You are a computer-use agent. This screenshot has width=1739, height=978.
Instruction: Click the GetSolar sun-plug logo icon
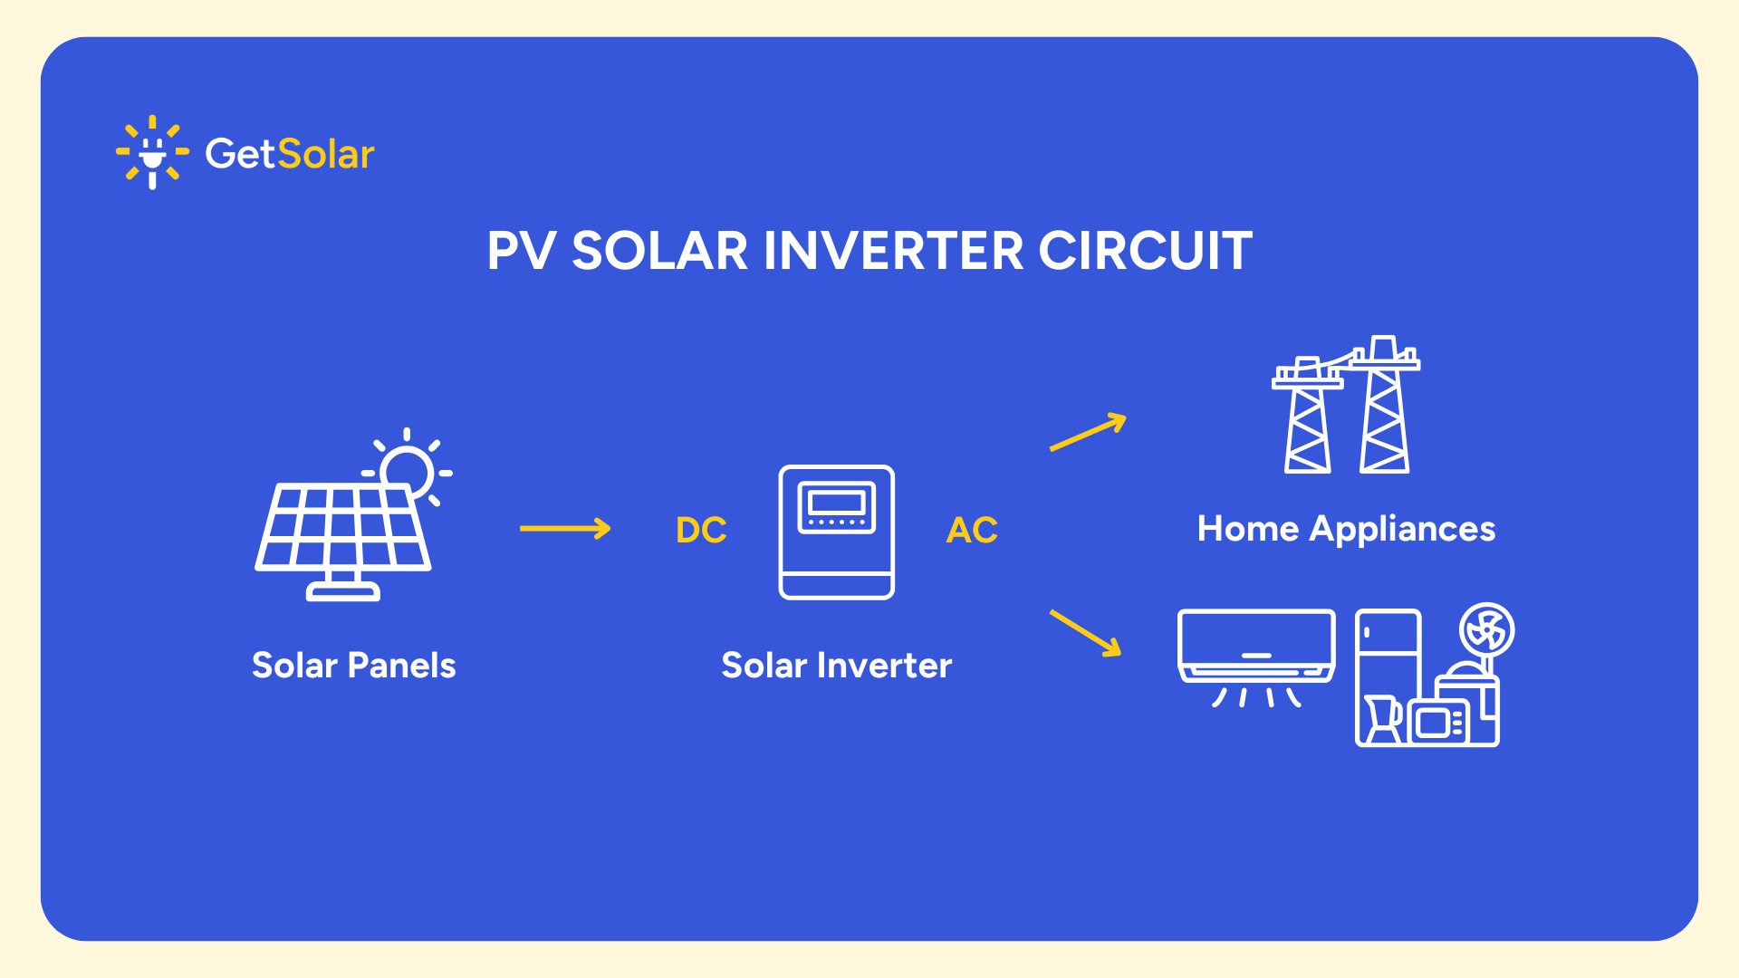tap(152, 152)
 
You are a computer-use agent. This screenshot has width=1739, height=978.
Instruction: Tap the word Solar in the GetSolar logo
tap(326, 155)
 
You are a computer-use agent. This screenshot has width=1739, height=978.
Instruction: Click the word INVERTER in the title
tap(893, 251)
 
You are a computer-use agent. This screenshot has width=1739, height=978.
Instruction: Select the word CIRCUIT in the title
tap(1145, 251)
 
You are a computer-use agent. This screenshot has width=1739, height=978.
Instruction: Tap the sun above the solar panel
tap(407, 471)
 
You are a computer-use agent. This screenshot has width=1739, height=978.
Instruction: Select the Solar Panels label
tap(353, 666)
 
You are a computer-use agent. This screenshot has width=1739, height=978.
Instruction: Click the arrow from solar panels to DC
tap(565, 529)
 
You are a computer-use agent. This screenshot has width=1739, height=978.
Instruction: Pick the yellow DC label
tap(701, 531)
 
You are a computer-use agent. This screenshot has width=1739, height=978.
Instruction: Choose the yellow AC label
tap(972, 531)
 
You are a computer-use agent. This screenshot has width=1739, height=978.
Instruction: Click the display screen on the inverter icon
tap(836, 503)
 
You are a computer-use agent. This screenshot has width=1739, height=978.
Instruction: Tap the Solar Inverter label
tap(836, 666)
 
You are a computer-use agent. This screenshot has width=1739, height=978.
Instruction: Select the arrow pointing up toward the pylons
tap(1088, 432)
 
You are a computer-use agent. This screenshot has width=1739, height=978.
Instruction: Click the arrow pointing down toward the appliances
tap(1085, 632)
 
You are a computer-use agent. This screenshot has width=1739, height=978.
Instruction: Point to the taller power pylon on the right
tap(1384, 407)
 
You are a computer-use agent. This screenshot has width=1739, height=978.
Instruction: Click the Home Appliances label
tap(1346, 529)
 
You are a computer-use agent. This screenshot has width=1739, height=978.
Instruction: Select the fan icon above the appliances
tap(1486, 630)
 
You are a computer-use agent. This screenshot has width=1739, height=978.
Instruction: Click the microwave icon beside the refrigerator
tap(1439, 722)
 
